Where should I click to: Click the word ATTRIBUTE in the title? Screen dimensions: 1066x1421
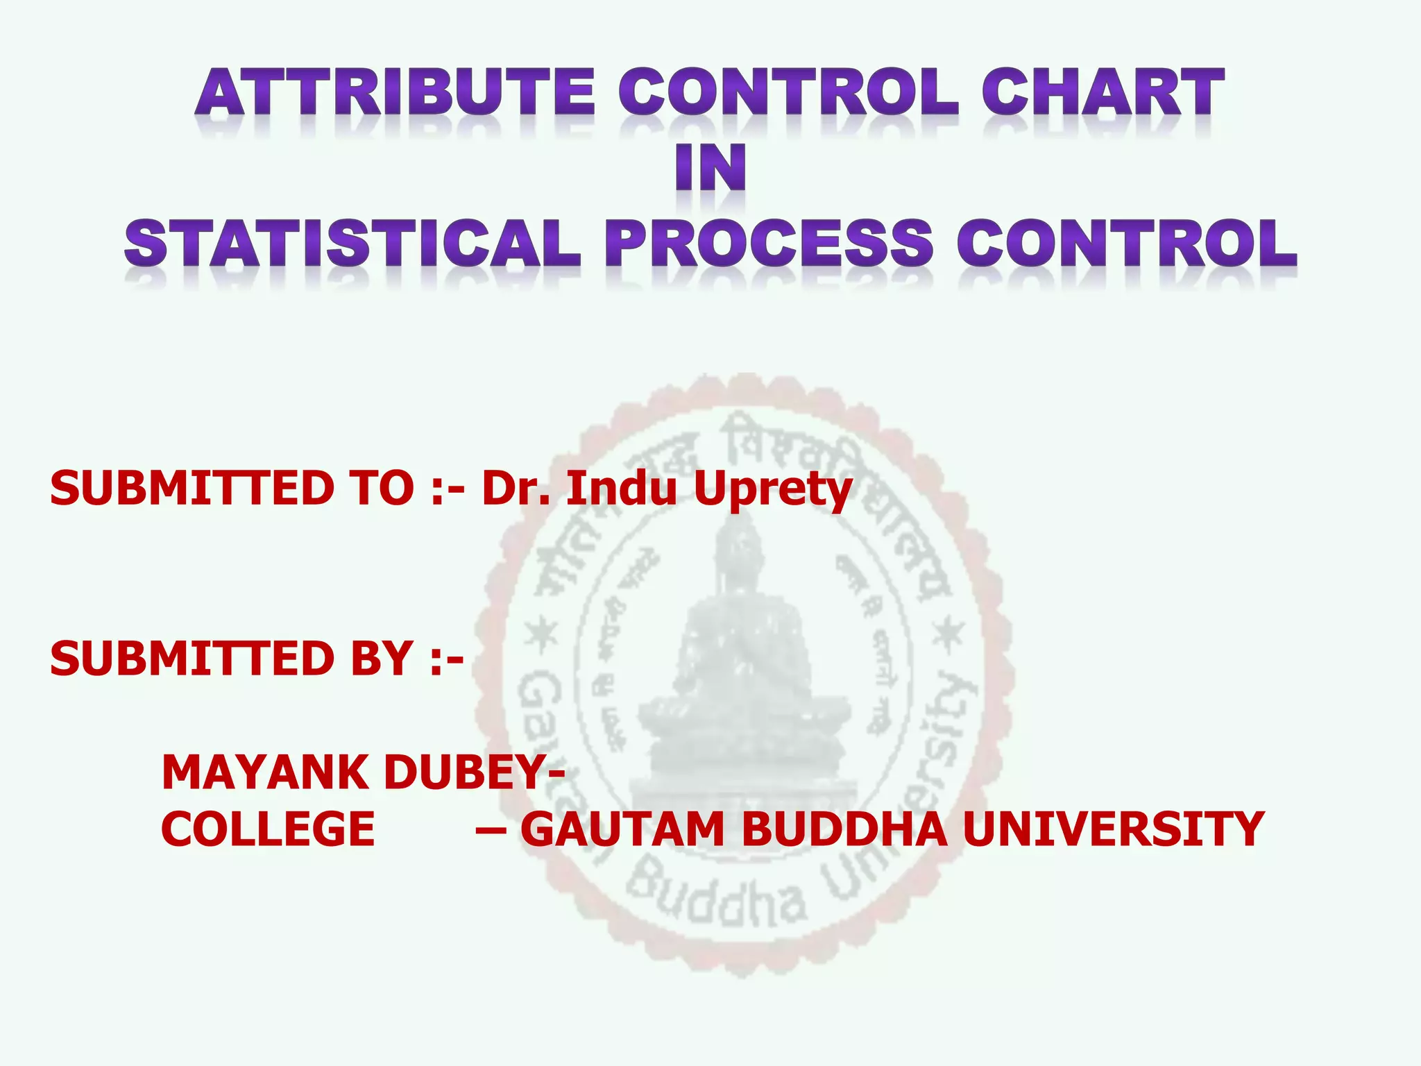tap(395, 92)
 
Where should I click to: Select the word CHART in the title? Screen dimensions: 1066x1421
tap(1103, 92)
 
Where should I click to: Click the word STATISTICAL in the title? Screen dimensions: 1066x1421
tap(352, 244)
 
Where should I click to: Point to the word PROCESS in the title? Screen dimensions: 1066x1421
tap(769, 244)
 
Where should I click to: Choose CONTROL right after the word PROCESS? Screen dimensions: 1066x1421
tap(1127, 244)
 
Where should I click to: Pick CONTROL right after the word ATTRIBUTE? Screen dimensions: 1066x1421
tap(789, 92)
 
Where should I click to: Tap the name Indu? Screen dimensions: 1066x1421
tap(622, 488)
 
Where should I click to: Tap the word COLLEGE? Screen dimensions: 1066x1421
tap(268, 829)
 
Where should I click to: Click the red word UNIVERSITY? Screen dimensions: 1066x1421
tap(1114, 829)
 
